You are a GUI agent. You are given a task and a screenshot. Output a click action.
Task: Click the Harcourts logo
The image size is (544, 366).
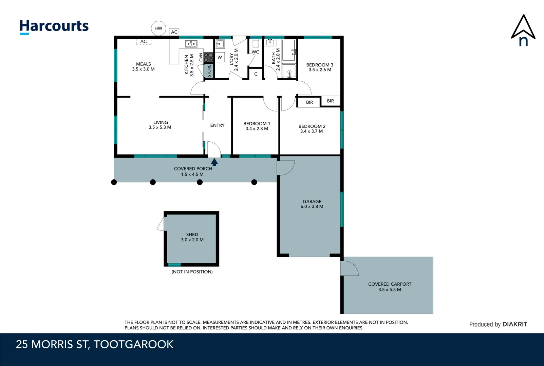pyautogui.click(x=54, y=27)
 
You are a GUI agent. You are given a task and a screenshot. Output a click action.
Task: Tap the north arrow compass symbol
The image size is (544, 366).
pyautogui.click(x=523, y=30)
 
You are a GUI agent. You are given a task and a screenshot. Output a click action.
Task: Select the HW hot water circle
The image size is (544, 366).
pyautogui.click(x=158, y=28)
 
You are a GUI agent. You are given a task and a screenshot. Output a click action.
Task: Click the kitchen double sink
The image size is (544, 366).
pyautogui.click(x=191, y=44)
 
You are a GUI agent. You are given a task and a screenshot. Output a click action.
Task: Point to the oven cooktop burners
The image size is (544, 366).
pyautogui.click(x=208, y=58)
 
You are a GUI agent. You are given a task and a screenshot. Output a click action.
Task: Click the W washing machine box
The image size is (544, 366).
pyautogui.click(x=220, y=58)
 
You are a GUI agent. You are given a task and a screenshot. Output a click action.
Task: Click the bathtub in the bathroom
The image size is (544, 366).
pyautogui.click(x=289, y=50)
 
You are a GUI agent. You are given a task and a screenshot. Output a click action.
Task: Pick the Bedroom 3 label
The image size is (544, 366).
pyautogui.click(x=320, y=65)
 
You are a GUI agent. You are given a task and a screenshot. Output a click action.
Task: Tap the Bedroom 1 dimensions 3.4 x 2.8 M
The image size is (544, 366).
pyautogui.click(x=257, y=129)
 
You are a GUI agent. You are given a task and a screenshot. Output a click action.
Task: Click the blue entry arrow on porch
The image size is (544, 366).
pyautogui.click(x=214, y=162)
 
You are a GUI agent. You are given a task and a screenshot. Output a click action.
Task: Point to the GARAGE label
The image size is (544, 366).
pyautogui.click(x=312, y=202)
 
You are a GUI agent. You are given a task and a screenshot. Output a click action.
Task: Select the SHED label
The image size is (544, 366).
pyautogui.click(x=192, y=235)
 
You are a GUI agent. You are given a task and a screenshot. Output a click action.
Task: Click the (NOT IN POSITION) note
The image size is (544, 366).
pyautogui.click(x=192, y=272)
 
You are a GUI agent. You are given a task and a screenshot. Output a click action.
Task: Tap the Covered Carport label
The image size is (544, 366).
pyautogui.click(x=390, y=284)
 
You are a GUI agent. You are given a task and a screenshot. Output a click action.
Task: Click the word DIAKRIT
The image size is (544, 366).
pyautogui.click(x=514, y=324)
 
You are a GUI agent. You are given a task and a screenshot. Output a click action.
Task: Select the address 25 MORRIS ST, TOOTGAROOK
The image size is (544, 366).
pyautogui.click(x=95, y=345)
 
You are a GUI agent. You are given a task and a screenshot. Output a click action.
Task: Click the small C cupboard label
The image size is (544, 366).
pyautogui.click(x=256, y=74)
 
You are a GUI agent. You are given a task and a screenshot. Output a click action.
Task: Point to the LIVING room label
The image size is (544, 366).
pyautogui.click(x=161, y=122)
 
